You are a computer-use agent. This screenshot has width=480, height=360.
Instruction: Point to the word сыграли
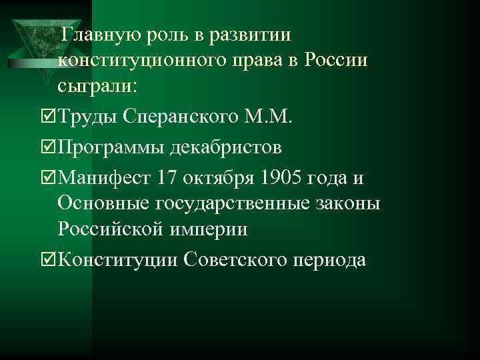coord(97,87)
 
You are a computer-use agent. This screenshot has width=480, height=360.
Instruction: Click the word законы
coord(351,203)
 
